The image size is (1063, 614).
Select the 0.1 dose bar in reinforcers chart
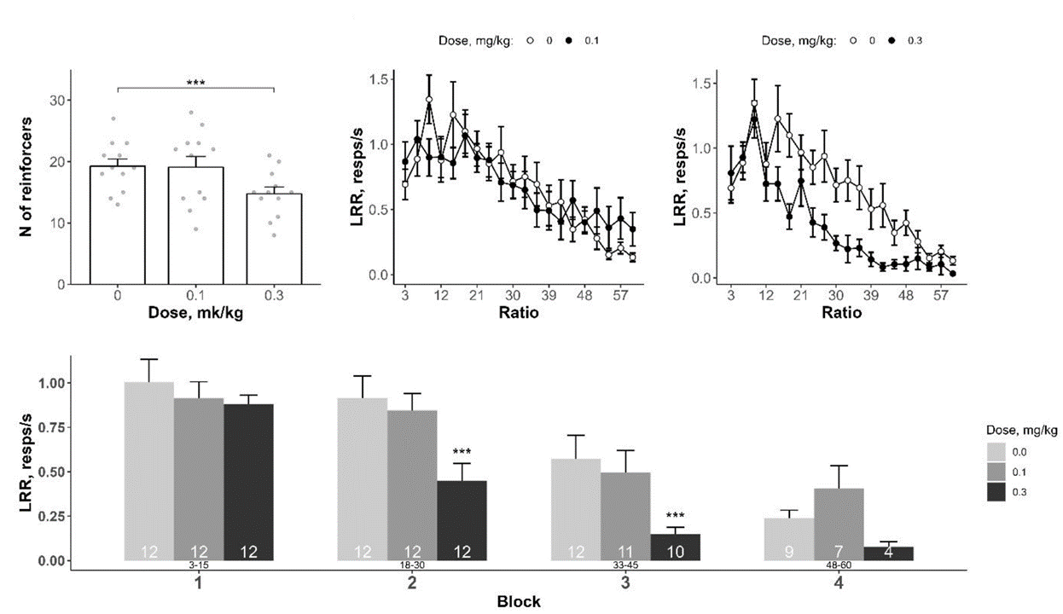click(x=195, y=226)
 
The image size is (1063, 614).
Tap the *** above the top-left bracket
click(x=195, y=83)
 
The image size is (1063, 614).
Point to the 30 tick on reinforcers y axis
click(x=59, y=100)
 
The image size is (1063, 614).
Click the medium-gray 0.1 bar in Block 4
click(x=839, y=524)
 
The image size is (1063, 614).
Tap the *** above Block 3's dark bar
click(x=675, y=516)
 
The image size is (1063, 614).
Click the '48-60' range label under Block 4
click(x=839, y=565)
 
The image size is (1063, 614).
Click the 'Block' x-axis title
click(x=518, y=601)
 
